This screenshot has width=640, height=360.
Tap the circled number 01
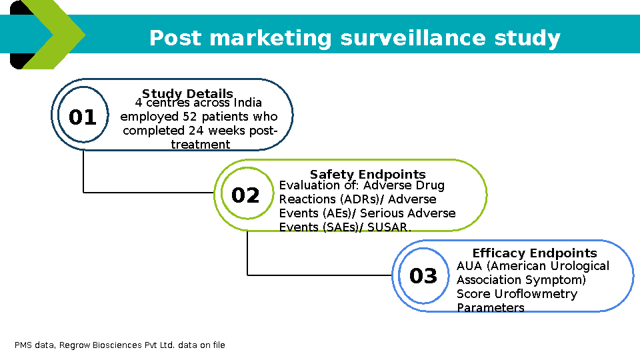tap(83, 118)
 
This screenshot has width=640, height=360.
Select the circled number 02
tap(245, 195)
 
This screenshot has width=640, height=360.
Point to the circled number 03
tap(423, 276)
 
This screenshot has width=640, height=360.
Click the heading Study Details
tap(187, 93)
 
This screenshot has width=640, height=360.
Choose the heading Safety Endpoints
tap(367, 175)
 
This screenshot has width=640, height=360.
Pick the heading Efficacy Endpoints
tap(535, 253)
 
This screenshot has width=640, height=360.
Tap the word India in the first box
tap(247, 103)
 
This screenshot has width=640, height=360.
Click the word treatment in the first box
tap(201, 145)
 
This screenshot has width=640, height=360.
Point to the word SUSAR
tap(389, 227)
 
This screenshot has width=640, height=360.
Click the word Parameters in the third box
tap(491, 308)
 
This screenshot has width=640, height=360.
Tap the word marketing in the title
tap(270, 38)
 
